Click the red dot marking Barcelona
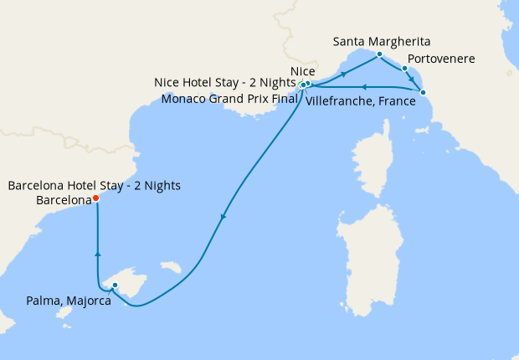tap(95, 198)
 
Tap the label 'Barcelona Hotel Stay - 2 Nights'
tap(94, 185)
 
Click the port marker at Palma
tap(115, 286)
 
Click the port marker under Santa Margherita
tap(379, 54)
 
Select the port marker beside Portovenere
tap(404, 69)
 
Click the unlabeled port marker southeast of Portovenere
tap(423, 92)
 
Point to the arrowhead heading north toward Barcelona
tap(98, 254)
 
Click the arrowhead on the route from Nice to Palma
tap(222, 218)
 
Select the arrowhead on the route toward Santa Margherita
tap(343, 75)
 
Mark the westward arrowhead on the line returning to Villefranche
tap(362, 85)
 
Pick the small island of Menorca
tap(172, 267)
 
